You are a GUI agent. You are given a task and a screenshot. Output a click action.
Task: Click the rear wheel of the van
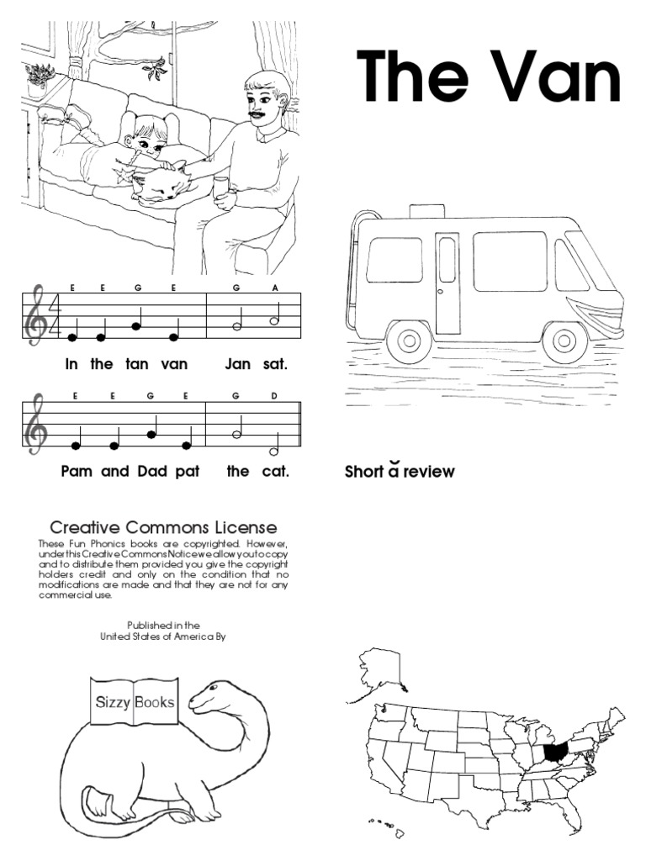(409, 341)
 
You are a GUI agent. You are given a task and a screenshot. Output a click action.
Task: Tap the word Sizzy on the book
(112, 700)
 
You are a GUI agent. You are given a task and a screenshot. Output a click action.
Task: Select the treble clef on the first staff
(35, 315)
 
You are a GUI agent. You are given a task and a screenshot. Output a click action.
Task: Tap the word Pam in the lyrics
(77, 471)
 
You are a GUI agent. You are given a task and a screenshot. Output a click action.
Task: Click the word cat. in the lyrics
(274, 471)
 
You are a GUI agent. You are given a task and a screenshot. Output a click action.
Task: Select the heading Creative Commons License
(163, 528)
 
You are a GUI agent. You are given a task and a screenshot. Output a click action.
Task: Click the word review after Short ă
(429, 472)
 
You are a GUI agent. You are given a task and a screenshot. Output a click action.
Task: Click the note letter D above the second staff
(273, 396)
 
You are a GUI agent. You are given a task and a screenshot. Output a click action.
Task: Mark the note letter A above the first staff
(273, 288)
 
